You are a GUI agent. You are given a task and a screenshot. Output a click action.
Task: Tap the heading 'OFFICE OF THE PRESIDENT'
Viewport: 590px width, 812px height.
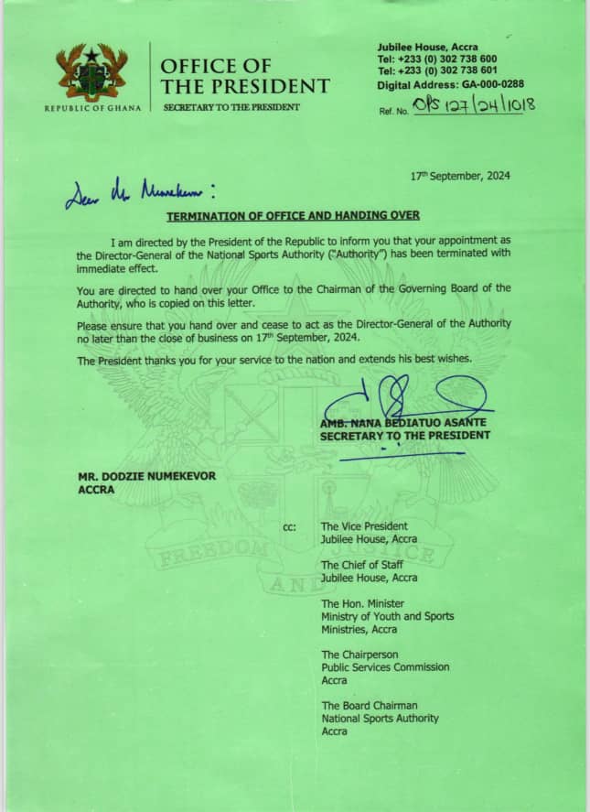point(244,76)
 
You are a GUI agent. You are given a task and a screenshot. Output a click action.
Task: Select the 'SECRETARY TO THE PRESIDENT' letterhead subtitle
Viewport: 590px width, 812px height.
point(231,108)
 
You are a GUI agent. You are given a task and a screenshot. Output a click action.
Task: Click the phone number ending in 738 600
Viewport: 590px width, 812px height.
point(438,59)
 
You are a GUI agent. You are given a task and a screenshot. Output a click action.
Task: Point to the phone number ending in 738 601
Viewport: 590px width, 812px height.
point(438,70)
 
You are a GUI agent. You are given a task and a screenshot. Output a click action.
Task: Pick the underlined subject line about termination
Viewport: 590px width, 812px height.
point(293,215)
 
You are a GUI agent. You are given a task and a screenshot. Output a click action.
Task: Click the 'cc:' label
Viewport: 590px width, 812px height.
point(291,527)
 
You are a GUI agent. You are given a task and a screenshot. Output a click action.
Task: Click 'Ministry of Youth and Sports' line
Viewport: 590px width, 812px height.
point(387,616)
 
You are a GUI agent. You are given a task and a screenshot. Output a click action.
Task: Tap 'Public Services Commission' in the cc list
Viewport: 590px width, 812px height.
point(385,667)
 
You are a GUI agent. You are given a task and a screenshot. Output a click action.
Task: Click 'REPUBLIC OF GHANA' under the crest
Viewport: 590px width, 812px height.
point(92,108)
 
